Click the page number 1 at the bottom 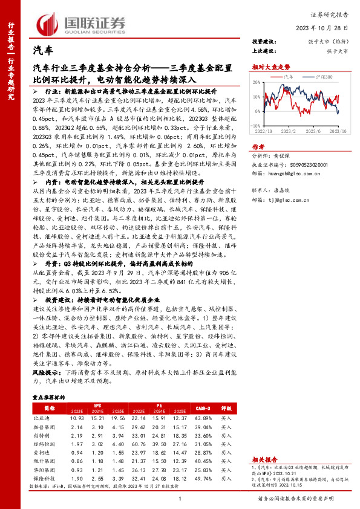coord(180,499)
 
